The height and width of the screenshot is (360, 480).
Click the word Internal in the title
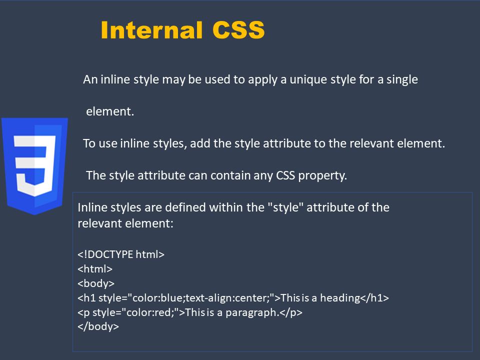point(151,30)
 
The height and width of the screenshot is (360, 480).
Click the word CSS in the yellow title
point(238,30)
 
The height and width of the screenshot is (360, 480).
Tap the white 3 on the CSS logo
point(34,166)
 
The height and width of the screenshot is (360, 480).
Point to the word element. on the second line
point(110,111)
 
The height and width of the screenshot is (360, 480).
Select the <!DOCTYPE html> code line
point(121,254)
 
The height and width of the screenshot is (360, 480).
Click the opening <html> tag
point(95,269)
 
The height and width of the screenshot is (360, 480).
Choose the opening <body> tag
point(96,283)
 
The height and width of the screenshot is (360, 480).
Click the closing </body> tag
point(98,326)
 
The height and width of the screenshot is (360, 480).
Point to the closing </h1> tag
point(374,298)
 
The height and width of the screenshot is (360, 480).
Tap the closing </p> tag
point(291,312)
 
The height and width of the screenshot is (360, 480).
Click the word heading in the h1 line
point(340,298)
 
